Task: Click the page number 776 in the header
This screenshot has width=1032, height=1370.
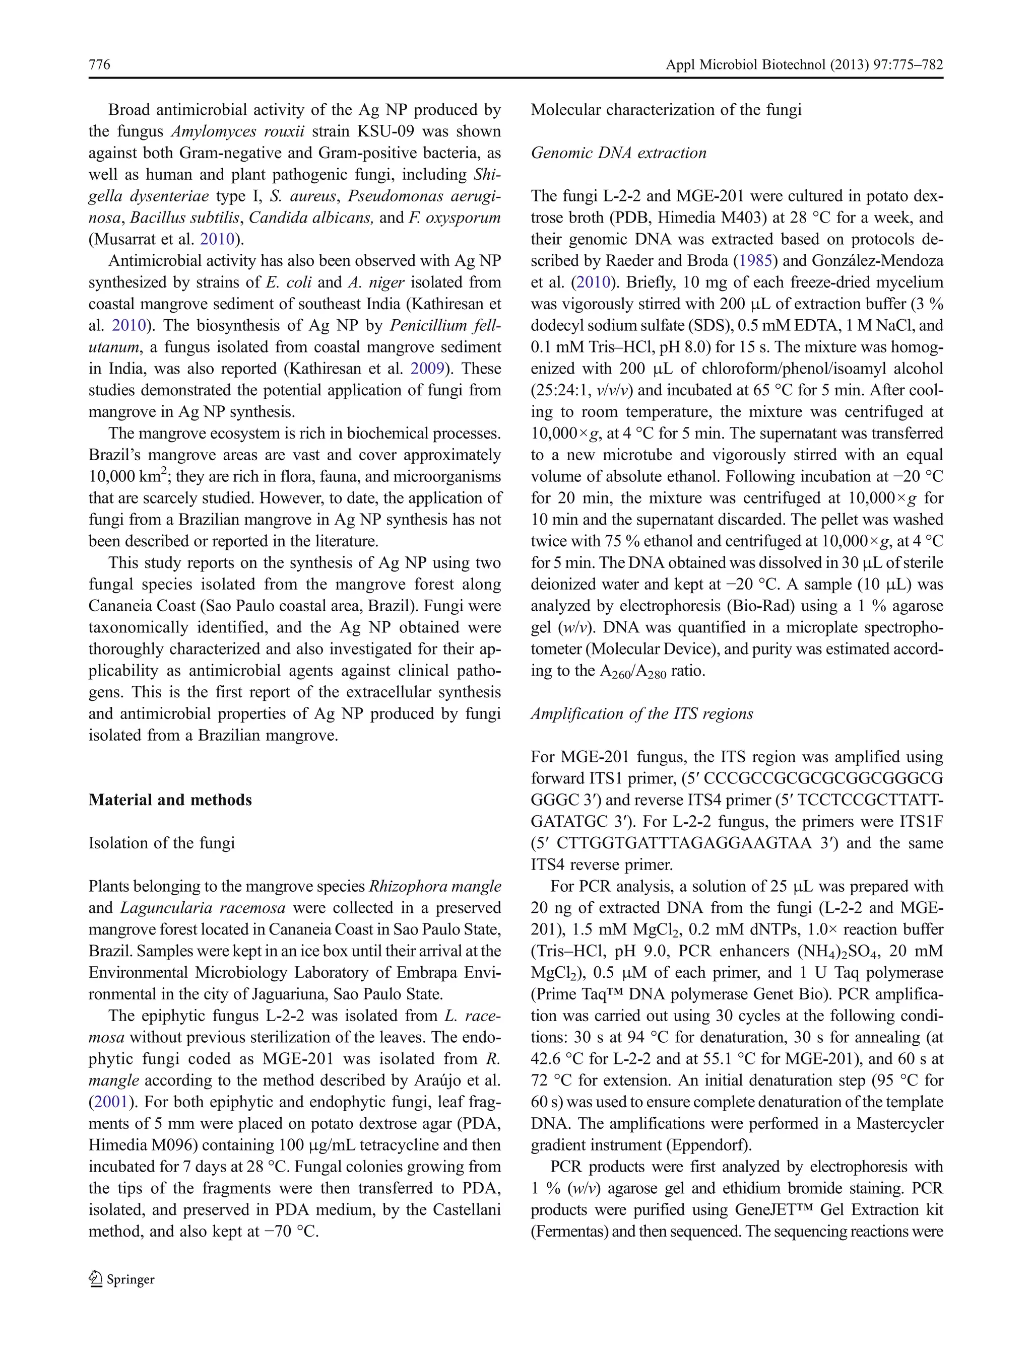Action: coord(99,64)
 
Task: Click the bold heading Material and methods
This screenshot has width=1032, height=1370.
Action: coord(170,800)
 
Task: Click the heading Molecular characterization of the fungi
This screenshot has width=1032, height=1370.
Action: coord(666,110)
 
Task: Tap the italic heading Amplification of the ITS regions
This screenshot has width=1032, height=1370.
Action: coord(641,713)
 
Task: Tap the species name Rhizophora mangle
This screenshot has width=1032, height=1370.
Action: coord(434,886)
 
